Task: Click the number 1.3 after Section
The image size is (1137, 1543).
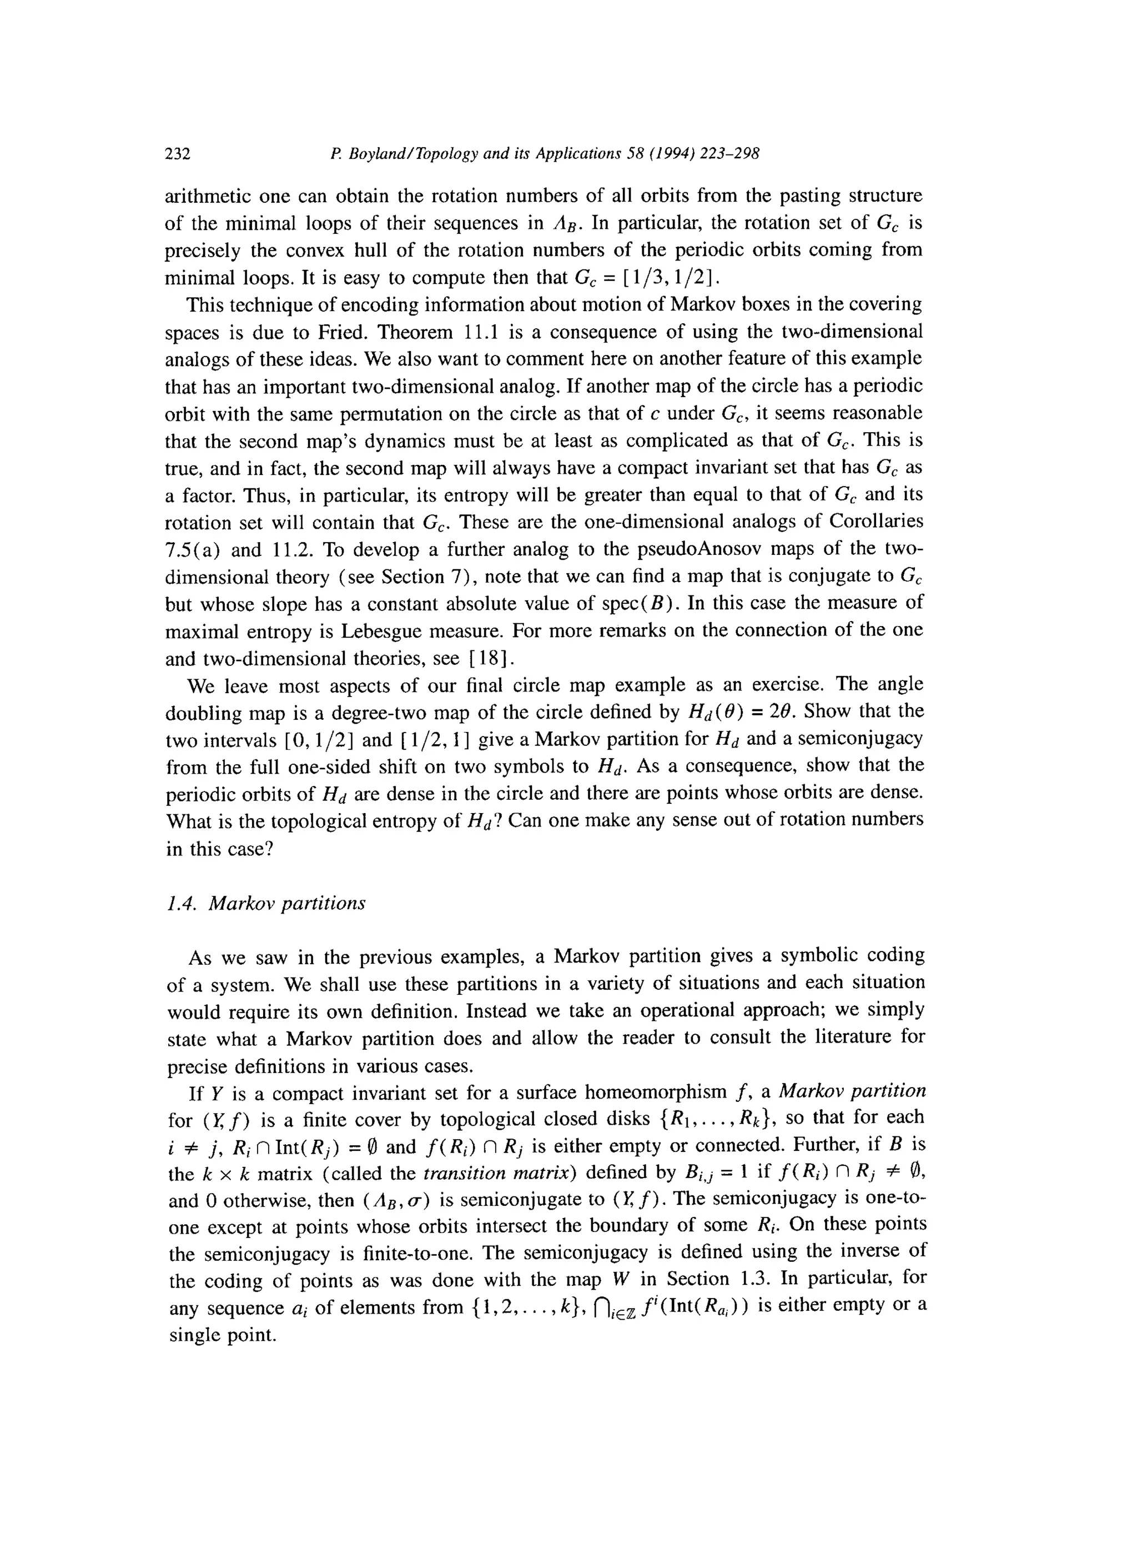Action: click(x=754, y=1281)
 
